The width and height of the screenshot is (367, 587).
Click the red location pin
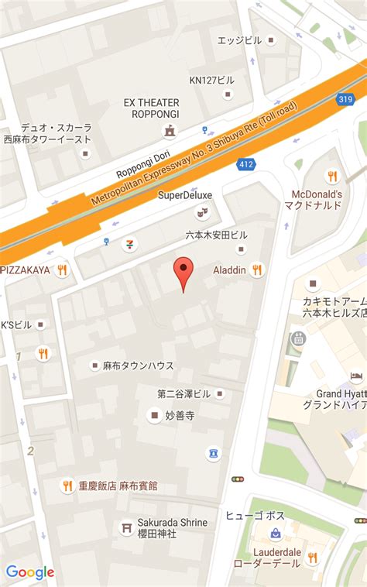pos(183,270)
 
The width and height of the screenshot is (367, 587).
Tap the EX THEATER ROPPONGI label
pos(151,108)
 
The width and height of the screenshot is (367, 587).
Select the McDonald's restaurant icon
pos(332,176)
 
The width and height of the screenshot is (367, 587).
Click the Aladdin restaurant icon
pos(257,269)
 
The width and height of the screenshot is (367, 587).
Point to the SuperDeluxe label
pos(185,194)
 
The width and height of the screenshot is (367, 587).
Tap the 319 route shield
pos(345,98)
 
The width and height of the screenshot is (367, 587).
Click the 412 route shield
pos(246,163)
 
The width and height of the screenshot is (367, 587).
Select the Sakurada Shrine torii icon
pos(125,527)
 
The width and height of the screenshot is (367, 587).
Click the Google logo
pos(30,572)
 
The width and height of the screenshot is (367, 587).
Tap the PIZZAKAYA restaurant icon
pos(62,269)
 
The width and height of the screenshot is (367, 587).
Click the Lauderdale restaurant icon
pos(312,557)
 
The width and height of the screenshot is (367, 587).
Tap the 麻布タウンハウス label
pos(138,365)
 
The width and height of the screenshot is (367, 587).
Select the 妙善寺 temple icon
pos(155,415)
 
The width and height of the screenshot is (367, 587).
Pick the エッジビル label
pos(239,39)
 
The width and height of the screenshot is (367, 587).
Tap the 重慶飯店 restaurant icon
pos(67,486)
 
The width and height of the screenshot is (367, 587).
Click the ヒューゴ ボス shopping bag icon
pos(275,534)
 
